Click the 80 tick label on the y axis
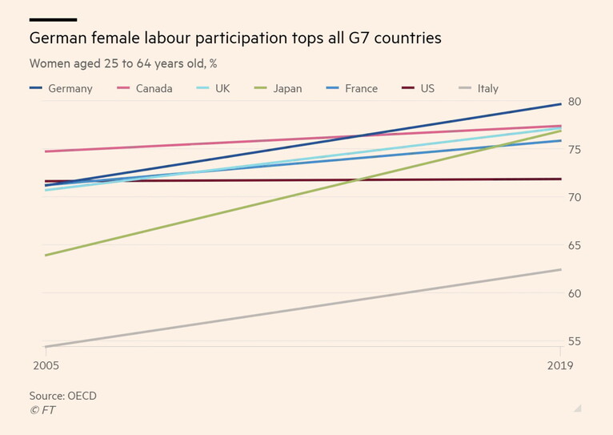click(575, 102)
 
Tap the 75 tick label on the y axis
click(575, 150)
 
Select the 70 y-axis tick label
click(575, 197)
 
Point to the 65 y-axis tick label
click(575, 245)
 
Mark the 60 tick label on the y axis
click(575, 293)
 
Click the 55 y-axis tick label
click(575, 341)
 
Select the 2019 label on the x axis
click(559, 366)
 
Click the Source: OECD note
click(62, 396)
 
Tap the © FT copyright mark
click(42, 410)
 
